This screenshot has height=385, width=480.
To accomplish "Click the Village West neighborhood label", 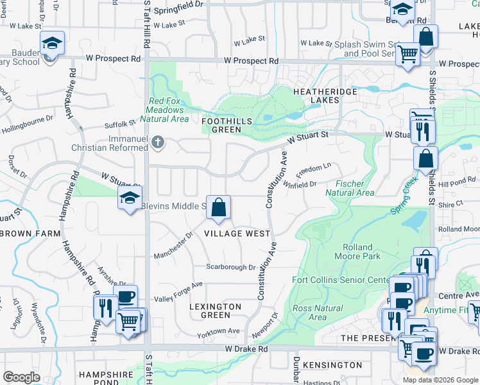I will [x=237, y=234].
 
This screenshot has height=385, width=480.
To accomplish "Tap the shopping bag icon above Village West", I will [x=218, y=207].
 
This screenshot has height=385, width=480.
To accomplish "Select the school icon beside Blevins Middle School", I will [x=130, y=199].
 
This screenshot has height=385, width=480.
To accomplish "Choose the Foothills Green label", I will [x=221, y=125].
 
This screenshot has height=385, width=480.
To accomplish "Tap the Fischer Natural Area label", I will [x=349, y=188].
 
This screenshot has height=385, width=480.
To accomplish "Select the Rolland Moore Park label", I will [x=357, y=252].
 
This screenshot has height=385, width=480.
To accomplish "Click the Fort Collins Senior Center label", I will [x=340, y=280].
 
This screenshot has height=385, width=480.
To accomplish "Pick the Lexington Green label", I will [x=216, y=311].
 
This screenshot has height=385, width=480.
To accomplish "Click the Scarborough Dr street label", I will [x=230, y=267].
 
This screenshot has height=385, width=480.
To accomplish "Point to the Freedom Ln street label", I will [x=313, y=170].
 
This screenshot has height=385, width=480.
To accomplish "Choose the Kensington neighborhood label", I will [x=332, y=365].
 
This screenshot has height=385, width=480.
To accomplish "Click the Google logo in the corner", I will [x=21, y=377].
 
